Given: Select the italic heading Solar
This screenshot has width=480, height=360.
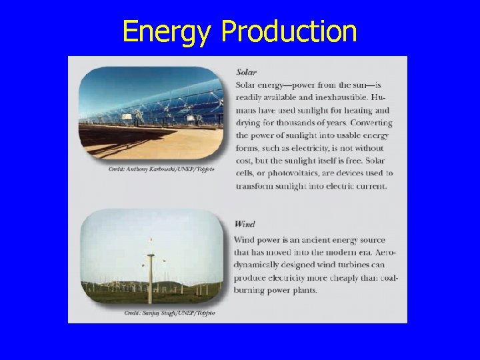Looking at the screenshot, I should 246,72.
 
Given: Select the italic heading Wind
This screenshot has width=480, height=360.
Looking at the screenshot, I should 245,225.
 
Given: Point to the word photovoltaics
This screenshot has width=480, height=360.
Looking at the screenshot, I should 279,173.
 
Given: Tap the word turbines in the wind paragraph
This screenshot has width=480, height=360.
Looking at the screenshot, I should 349,265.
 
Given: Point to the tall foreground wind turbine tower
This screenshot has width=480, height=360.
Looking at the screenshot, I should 152,280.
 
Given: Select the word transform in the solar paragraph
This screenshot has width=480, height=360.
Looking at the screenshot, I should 254,186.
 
